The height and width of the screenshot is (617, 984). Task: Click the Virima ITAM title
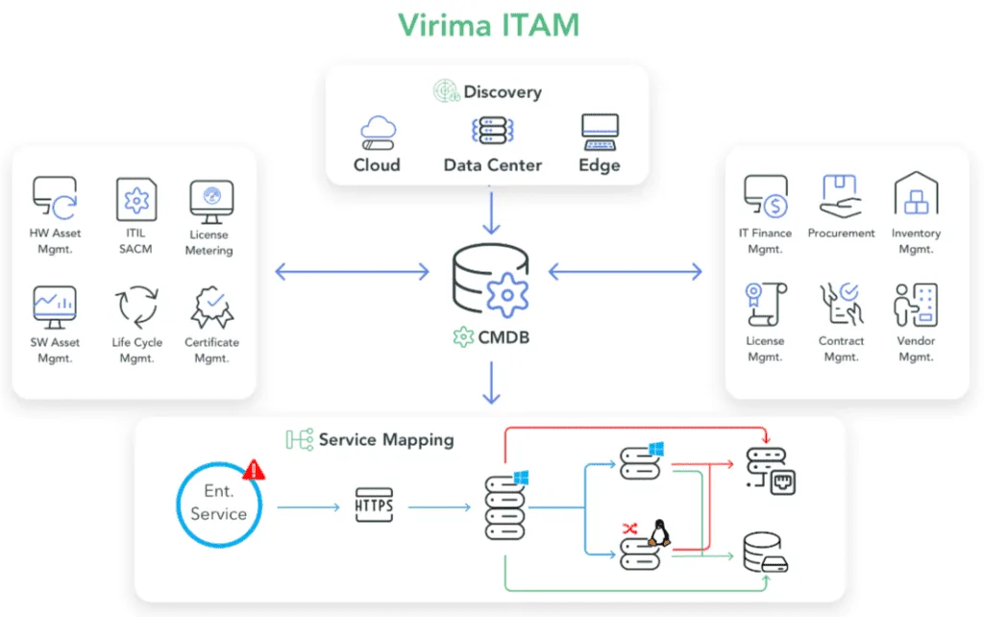[x=491, y=23]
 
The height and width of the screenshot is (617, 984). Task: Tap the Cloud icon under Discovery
[x=377, y=131]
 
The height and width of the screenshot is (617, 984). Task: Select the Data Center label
[x=492, y=165]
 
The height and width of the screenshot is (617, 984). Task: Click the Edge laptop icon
[x=600, y=131]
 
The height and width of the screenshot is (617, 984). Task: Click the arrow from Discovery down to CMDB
[x=491, y=211]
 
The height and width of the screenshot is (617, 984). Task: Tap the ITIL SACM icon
[x=136, y=198]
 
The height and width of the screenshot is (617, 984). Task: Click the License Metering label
[x=209, y=242]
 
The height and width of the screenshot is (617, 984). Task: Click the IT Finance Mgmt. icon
[x=766, y=195]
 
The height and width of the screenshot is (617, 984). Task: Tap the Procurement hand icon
[x=841, y=195]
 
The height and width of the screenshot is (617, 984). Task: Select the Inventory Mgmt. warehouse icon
[x=916, y=194]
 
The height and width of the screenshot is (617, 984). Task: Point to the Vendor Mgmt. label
[x=915, y=349]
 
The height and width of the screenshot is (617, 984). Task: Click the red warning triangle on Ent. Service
[x=254, y=470]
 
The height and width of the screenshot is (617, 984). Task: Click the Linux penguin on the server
[x=659, y=532]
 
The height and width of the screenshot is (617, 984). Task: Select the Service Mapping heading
[x=385, y=440]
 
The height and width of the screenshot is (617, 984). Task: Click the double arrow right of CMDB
[x=625, y=273]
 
